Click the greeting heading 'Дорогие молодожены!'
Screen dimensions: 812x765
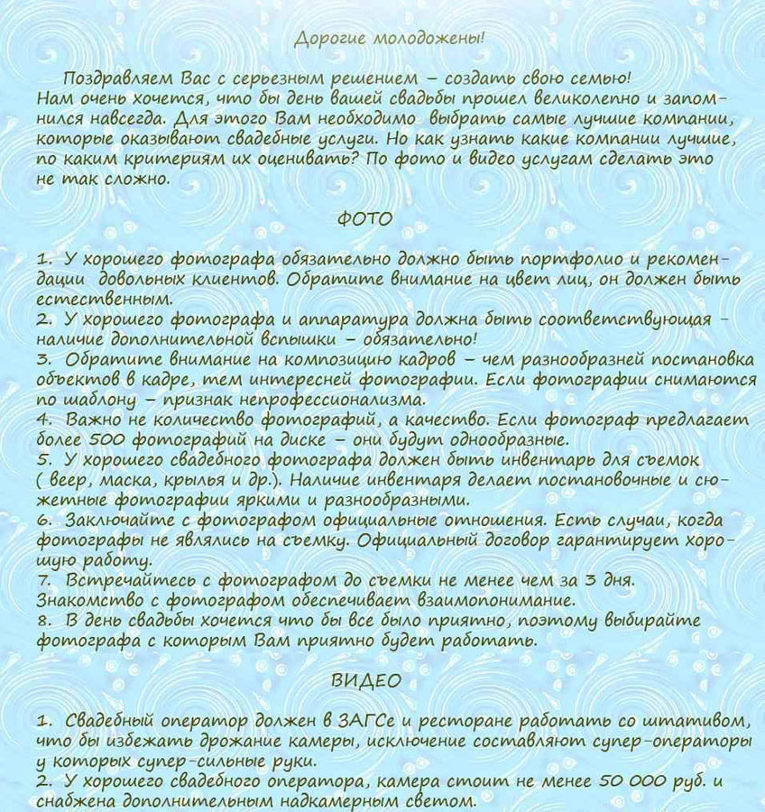point(389,38)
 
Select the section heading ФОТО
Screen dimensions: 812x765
point(364,219)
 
